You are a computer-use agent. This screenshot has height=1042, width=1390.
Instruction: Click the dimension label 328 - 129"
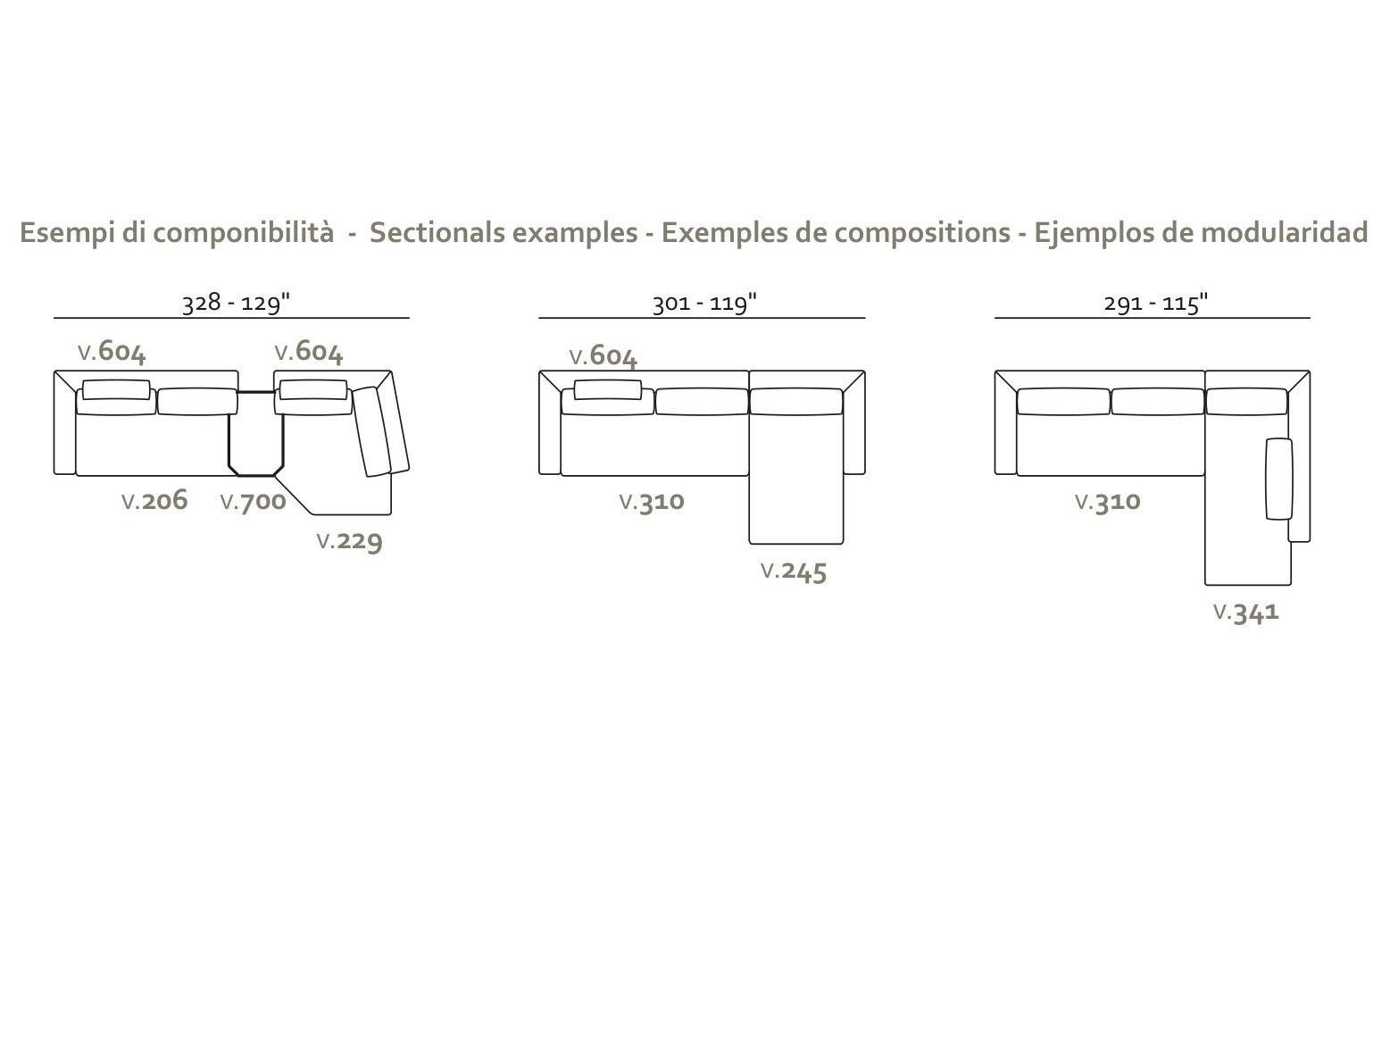tap(237, 304)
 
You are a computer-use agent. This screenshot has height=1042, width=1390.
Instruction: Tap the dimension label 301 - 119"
tap(704, 304)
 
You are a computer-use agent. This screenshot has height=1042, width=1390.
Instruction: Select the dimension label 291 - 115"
tap(1156, 304)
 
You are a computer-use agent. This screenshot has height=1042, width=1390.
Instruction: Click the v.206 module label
tap(154, 501)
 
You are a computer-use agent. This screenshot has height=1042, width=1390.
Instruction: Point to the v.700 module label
tap(254, 502)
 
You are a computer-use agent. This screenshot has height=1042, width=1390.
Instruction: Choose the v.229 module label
tap(350, 541)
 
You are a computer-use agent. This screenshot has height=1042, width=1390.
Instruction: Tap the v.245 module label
tap(795, 571)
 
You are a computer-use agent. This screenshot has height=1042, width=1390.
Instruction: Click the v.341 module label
tap(1246, 613)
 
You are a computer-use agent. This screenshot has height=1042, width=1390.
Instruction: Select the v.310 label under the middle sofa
tap(652, 502)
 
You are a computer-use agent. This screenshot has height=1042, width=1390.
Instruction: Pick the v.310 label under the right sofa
tap(1108, 502)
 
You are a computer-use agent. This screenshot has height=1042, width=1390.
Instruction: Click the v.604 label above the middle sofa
tap(603, 356)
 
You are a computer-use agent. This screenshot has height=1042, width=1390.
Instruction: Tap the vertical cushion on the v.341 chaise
tap(1279, 479)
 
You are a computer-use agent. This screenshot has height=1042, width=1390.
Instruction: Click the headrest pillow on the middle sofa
tap(608, 389)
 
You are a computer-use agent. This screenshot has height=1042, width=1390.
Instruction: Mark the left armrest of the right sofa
tap(1005, 423)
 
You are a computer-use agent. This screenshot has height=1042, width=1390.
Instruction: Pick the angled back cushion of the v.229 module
tap(371, 431)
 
